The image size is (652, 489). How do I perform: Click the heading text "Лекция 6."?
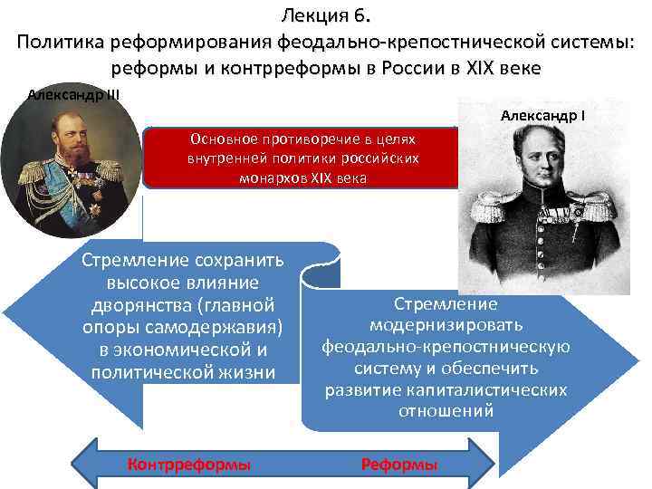point(326,14)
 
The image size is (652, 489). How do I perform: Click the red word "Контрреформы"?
point(189,465)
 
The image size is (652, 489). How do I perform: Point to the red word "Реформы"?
point(399,465)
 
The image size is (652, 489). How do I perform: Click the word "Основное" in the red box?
point(223,139)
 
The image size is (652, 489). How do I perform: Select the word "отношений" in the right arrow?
point(446,411)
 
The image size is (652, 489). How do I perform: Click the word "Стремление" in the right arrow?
point(446,305)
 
